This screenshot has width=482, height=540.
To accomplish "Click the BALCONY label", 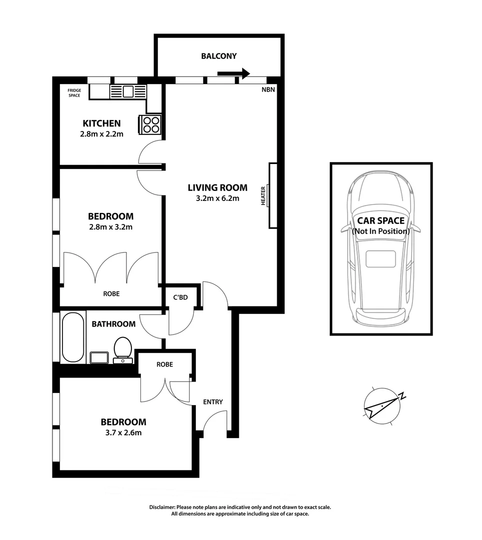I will [x=219, y=56].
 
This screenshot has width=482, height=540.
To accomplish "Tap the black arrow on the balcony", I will [x=234, y=73].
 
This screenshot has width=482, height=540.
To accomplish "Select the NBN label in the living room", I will [x=268, y=90].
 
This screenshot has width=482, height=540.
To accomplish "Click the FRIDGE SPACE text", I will [x=74, y=93].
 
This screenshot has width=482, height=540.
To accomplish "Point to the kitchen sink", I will [x=128, y=91].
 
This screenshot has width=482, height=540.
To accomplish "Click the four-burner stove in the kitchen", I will [x=151, y=124].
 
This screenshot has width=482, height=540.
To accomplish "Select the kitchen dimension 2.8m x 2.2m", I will [x=101, y=134].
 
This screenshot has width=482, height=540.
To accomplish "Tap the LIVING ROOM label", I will [x=217, y=188].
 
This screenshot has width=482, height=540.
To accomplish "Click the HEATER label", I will [x=263, y=195].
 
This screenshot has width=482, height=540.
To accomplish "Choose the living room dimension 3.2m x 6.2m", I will [x=217, y=198].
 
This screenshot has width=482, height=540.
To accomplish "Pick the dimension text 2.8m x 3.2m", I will [x=110, y=227].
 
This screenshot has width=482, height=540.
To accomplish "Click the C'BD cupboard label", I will [x=180, y=297].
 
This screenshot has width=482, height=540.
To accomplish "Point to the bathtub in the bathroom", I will [x=73, y=337].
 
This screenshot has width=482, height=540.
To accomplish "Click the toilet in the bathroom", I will [x=122, y=348].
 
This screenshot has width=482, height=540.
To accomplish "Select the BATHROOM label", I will [x=113, y=324].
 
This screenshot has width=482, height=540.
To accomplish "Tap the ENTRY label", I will [x=213, y=402].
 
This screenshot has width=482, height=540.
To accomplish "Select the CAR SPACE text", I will [x=381, y=220].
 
